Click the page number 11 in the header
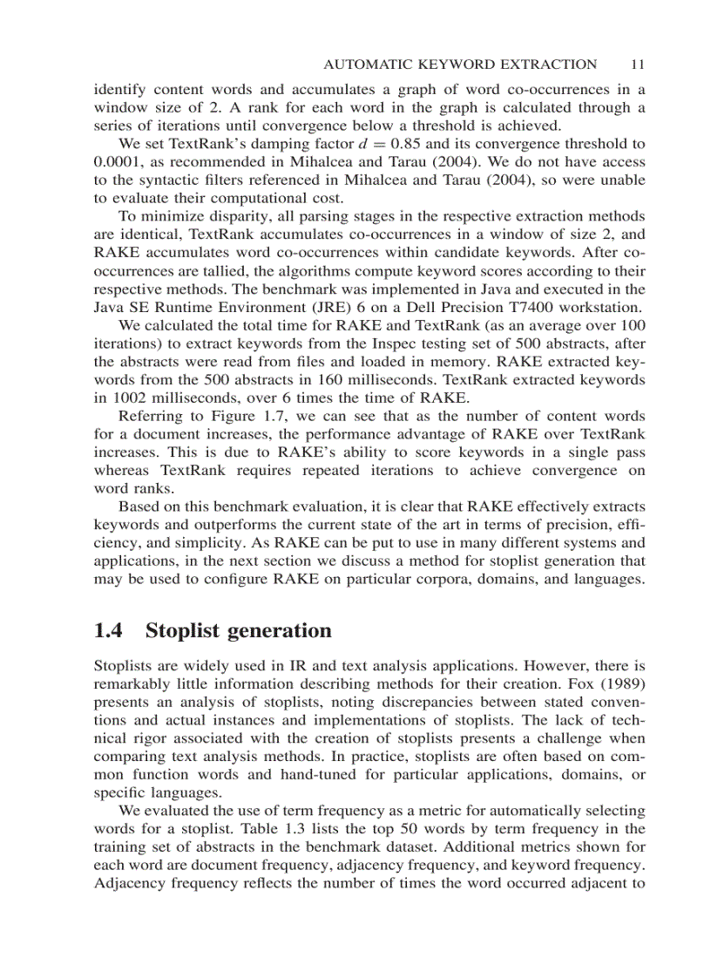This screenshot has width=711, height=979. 636,64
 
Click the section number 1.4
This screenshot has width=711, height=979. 109,630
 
